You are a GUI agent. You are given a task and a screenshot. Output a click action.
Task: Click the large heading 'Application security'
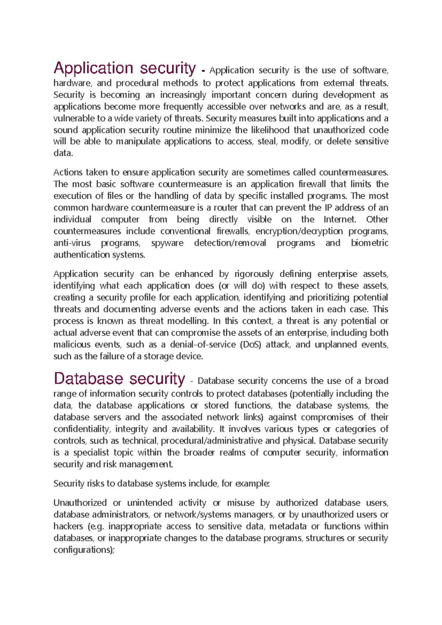tap(124, 68)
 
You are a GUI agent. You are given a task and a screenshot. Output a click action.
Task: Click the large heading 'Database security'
tap(119, 378)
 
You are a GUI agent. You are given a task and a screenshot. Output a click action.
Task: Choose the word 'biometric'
tap(369, 243)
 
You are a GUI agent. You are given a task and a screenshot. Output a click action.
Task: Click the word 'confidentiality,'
tap(81, 429)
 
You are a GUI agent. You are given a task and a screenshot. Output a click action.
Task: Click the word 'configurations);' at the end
tap(84, 550)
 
